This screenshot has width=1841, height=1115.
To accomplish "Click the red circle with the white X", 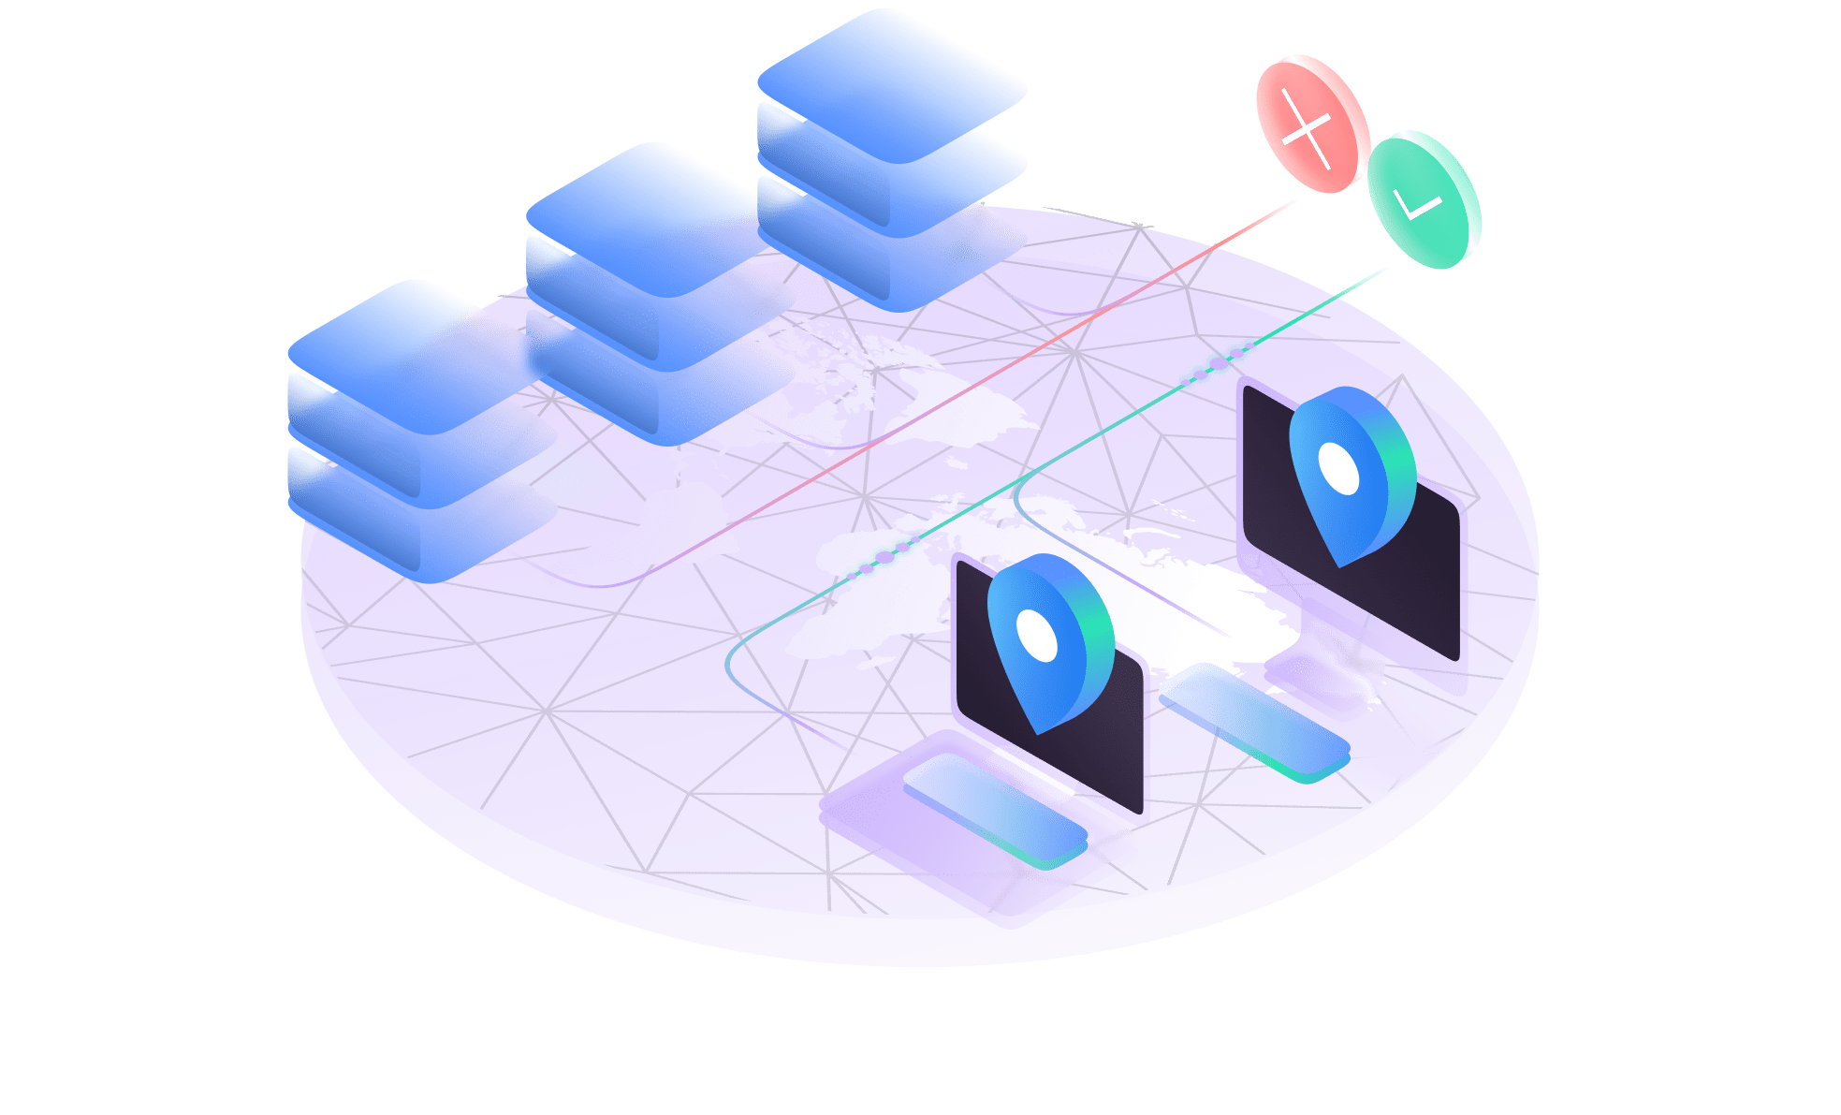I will click(x=1308, y=124).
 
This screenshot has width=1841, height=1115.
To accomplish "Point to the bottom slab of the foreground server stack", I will click(x=412, y=524).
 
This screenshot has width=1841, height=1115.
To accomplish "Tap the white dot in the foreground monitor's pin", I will click(x=1036, y=636).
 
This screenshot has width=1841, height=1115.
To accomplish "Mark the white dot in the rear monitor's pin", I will click(x=1338, y=468).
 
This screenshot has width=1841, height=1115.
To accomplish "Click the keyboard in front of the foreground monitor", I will click(x=995, y=810).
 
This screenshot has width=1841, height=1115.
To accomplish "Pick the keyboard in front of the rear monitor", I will click(x=1254, y=721).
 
